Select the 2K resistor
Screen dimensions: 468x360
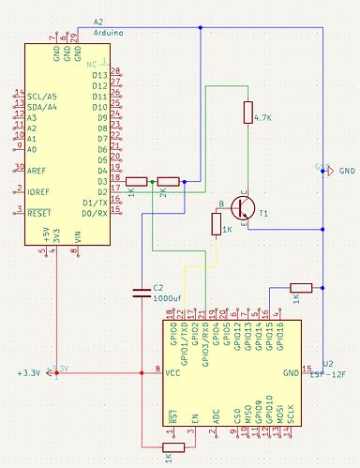(169, 181)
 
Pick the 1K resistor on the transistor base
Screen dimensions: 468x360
(216, 225)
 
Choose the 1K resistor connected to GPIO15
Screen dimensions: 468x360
(300, 288)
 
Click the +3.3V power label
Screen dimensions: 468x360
(29, 373)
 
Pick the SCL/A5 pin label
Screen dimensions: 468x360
(43, 95)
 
